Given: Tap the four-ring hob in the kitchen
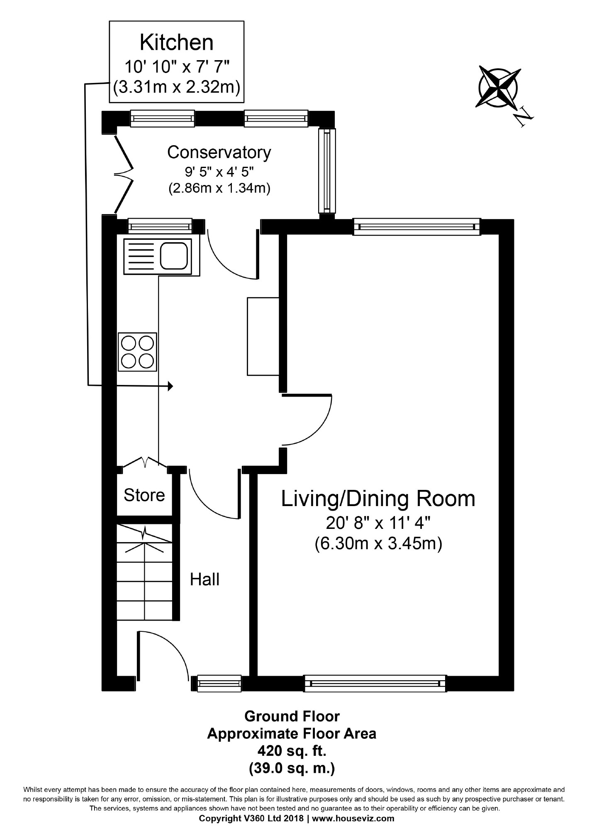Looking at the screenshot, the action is [x=138, y=352].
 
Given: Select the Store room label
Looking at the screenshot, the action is [x=144, y=495].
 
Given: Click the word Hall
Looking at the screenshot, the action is [x=204, y=579].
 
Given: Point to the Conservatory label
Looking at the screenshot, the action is [x=219, y=152].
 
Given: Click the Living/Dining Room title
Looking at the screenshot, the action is [x=378, y=498].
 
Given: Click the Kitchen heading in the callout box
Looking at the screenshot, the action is [x=177, y=42].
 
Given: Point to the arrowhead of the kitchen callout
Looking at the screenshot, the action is [x=170, y=386].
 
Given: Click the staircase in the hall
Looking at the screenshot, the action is [x=144, y=572].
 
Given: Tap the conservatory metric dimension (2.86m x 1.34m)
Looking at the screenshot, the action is [x=219, y=189].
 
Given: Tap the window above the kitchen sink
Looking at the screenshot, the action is [x=160, y=226].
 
